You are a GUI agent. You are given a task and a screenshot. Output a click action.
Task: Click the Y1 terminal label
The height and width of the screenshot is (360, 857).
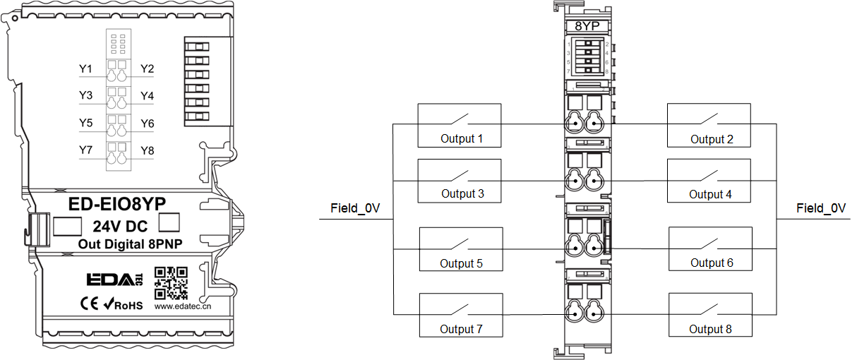click(85, 69)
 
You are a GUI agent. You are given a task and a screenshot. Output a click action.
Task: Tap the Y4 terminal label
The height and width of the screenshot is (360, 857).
click(147, 96)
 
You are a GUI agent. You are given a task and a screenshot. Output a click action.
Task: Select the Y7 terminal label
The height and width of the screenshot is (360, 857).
click(85, 150)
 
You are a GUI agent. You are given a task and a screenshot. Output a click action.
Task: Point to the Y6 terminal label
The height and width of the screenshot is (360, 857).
click(147, 124)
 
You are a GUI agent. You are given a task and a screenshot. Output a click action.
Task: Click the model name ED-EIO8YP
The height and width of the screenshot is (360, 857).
click(116, 204)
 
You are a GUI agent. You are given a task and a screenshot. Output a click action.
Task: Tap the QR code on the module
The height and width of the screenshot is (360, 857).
click(171, 283)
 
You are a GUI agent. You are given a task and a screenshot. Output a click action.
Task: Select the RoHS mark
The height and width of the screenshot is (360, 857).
click(124, 305)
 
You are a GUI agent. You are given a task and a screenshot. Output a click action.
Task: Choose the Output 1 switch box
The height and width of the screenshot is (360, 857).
click(460, 125)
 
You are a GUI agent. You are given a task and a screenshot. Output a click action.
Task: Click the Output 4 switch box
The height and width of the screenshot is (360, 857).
click(709, 181)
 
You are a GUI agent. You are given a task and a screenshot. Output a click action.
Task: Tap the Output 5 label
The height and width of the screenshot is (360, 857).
click(461, 263)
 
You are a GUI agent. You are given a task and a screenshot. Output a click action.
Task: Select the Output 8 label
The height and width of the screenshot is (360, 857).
click(711, 329)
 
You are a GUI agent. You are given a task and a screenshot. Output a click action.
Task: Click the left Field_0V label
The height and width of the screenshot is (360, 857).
click(355, 208)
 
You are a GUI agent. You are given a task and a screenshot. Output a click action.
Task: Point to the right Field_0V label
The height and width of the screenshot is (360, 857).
click(821, 208)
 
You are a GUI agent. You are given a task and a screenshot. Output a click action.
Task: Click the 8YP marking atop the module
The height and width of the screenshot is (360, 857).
click(587, 27)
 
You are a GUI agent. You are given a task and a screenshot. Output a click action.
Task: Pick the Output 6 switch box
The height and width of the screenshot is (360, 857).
click(710, 248)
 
